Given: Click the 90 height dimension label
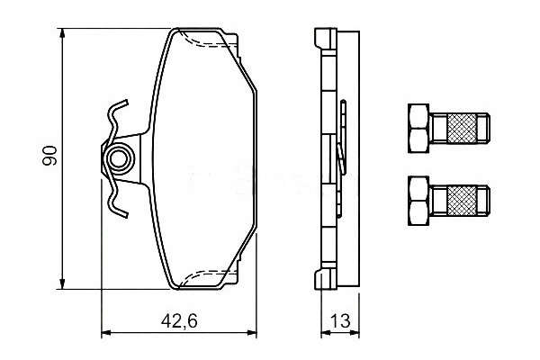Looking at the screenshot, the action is click(x=49, y=156).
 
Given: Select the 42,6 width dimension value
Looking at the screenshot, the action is click(x=179, y=321).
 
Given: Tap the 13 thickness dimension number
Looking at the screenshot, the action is click(x=340, y=321).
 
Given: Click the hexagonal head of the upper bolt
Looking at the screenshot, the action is click(x=418, y=128).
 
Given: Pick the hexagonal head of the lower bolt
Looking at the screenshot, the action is click(x=418, y=201).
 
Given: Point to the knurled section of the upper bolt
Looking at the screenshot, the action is click(x=462, y=128).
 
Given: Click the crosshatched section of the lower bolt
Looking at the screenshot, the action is click(x=462, y=201).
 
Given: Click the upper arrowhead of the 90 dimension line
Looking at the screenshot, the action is click(x=62, y=34).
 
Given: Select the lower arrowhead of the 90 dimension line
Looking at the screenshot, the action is click(x=62, y=283).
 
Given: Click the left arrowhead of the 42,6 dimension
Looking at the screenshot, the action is click(x=106, y=333).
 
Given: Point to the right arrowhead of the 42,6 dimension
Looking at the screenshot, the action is click(x=252, y=333).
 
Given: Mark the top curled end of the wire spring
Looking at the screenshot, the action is click(x=119, y=104).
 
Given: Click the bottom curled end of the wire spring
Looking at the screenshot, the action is click(x=119, y=212).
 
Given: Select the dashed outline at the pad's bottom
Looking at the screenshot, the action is click(x=207, y=274).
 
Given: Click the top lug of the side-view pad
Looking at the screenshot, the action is click(x=325, y=39).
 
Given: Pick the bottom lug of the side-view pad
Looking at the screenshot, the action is click(x=325, y=278).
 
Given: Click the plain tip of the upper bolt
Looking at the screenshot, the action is click(x=483, y=128).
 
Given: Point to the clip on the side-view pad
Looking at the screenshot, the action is click(x=342, y=158).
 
